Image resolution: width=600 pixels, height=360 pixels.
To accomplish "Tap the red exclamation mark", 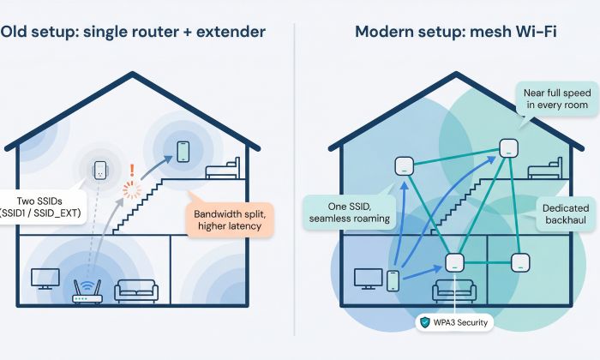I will (132, 171).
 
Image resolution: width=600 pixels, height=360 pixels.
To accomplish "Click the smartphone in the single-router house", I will (183, 152).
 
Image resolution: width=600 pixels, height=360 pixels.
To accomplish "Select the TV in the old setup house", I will (44, 279).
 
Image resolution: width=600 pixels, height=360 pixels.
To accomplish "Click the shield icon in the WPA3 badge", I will (426, 323).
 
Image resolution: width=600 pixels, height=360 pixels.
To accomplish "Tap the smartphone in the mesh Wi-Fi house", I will (393, 280).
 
